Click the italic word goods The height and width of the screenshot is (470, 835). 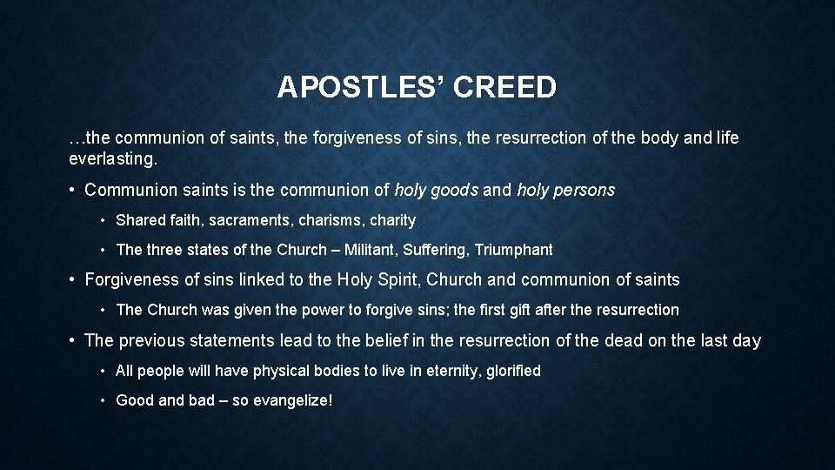tap(454, 190)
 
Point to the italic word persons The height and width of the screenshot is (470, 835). tap(583, 190)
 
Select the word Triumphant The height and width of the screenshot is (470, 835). tap(515, 250)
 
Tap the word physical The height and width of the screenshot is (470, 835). tap(282, 371)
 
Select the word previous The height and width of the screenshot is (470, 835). tap(150, 340)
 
